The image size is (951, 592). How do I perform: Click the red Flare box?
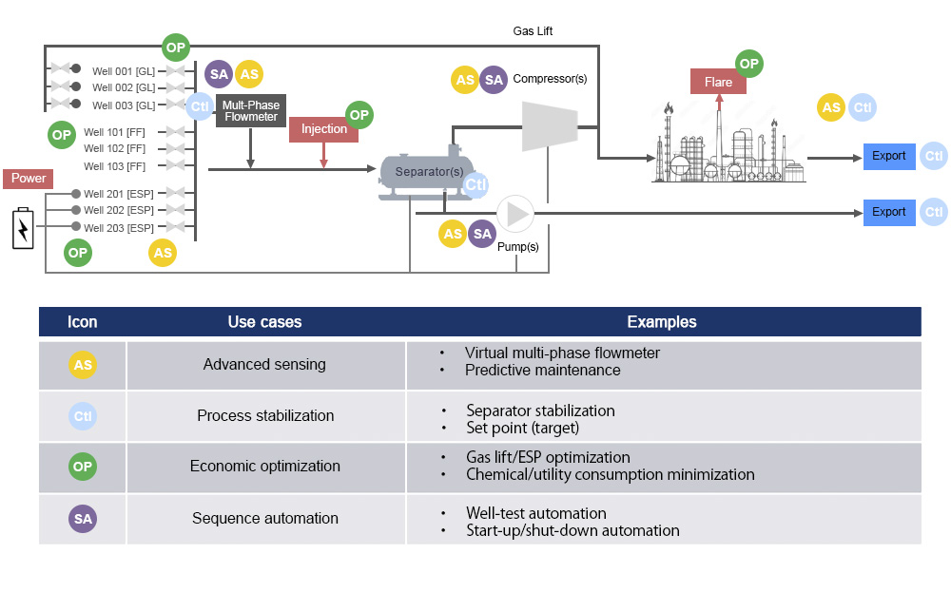[718, 82]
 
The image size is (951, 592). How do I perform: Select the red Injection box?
[323, 129]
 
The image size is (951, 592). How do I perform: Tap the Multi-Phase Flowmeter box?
[250, 110]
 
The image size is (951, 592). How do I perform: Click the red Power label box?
[29, 178]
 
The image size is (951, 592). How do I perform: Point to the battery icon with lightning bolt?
[22, 229]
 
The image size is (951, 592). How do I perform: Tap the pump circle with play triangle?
[515, 214]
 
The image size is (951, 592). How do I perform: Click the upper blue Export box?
[889, 156]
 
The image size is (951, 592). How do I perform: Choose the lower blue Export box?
[889, 212]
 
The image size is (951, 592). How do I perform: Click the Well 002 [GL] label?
[124, 87]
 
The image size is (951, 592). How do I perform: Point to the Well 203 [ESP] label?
[119, 228]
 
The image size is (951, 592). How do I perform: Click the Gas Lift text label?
[533, 31]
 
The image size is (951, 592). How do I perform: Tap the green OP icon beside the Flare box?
[749, 64]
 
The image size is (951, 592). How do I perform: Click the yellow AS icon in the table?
[83, 365]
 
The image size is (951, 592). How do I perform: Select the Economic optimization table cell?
[264, 467]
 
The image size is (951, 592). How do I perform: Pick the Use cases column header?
[264, 322]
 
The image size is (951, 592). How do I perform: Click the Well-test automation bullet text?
[535, 513]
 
